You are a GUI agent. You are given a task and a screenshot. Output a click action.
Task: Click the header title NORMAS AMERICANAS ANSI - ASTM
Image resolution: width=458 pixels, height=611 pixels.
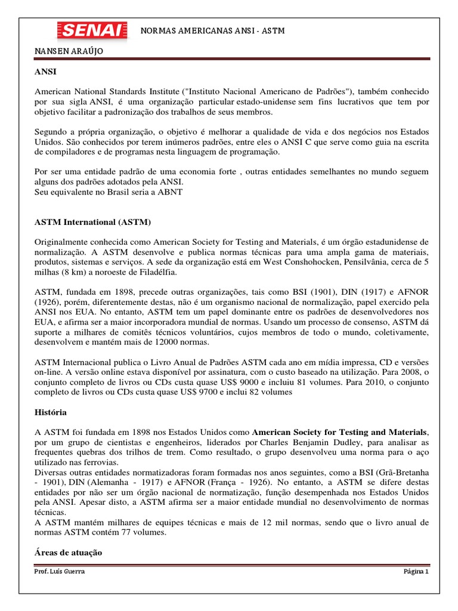[212, 30]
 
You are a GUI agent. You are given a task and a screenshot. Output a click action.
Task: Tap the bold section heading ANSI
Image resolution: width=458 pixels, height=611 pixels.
[45, 71]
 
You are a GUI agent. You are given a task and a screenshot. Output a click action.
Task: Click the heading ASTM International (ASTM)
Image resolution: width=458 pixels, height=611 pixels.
[93, 222]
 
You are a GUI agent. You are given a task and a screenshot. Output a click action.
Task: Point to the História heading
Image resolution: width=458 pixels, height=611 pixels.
[51, 412]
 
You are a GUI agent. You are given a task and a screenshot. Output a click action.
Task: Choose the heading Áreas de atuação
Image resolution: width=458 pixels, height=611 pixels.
[69, 553]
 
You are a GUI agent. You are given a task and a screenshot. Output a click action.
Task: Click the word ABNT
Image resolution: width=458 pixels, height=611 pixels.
[170, 192]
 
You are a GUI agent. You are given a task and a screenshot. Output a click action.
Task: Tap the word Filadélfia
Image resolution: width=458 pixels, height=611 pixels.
[157, 272]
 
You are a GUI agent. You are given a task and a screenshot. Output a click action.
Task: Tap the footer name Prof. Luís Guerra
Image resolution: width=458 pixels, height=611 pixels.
[59, 571]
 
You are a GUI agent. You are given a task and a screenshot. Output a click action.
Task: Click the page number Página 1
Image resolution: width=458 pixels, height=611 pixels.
[416, 571]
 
